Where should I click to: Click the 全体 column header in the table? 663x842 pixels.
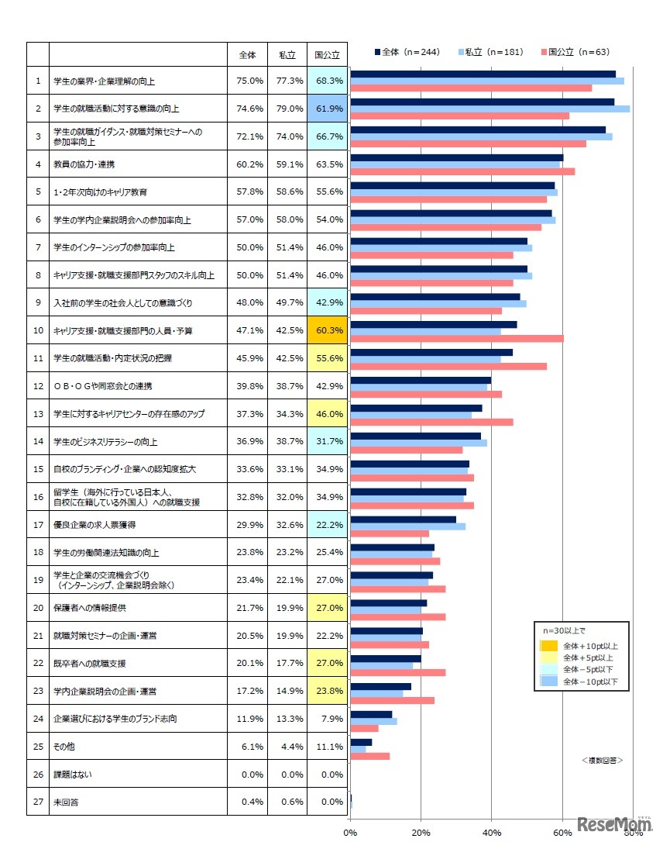tap(247, 55)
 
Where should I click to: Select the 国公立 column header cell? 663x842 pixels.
tap(326, 55)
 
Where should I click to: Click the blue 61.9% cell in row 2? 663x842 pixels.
tap(326, 109)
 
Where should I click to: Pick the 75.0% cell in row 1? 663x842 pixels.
tap(247, 81)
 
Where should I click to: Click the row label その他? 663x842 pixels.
tap(64, 747)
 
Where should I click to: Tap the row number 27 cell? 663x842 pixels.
tap(37, 802)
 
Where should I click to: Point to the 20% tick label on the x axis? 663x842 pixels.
tap(421, 833)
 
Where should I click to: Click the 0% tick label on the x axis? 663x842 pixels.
tap(350, 833)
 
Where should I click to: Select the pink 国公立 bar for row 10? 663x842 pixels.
tap(457, 338)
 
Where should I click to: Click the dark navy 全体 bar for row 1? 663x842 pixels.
tap(483, 74)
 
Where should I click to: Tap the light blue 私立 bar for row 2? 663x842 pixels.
tap(490, 109)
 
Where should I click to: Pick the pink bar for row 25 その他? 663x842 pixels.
tap(370, 756)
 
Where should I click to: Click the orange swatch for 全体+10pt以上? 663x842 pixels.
tap(549, 645)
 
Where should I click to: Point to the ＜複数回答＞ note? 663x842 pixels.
tap(602, 761)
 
